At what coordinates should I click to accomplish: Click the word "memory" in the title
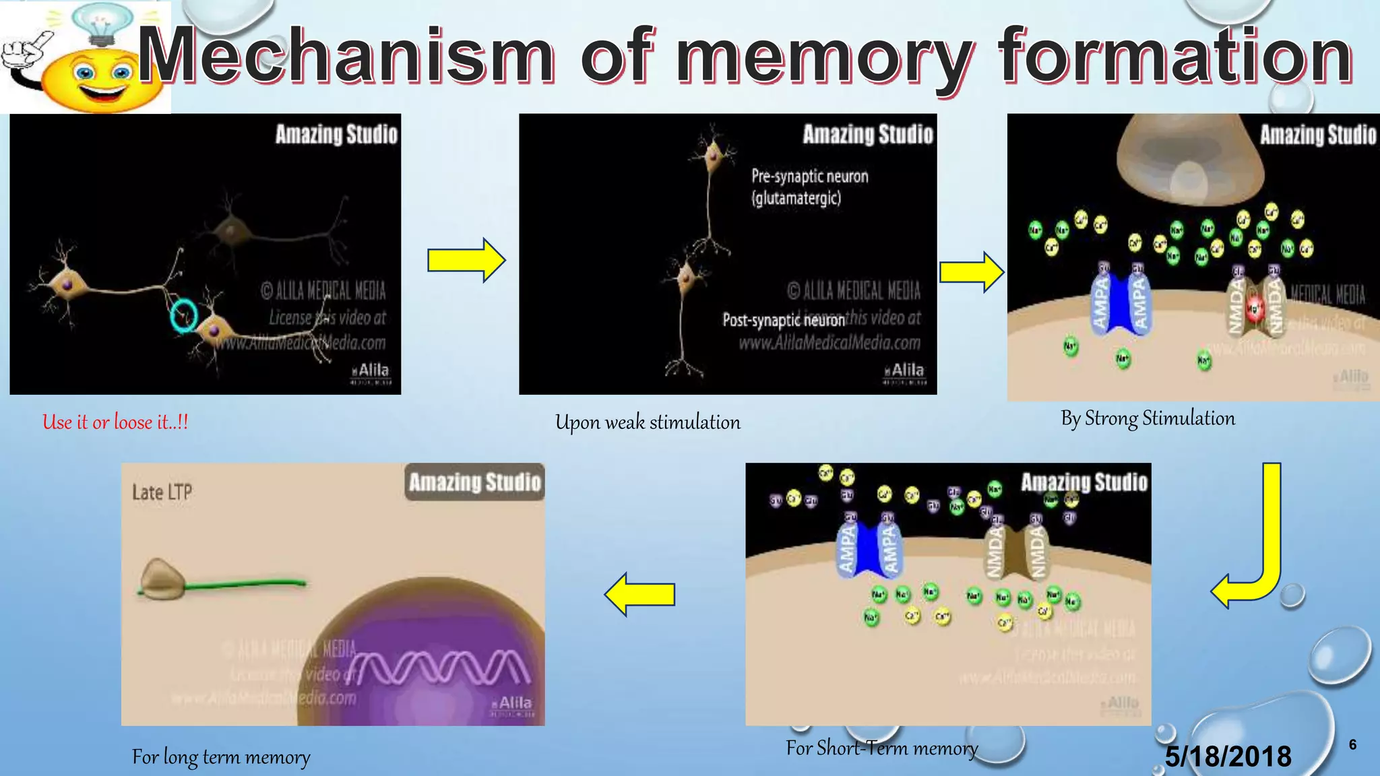[x=825, y=59]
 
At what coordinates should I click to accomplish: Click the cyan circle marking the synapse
[x=183, y=315]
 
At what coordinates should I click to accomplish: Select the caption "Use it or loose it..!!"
[x=115, y=422]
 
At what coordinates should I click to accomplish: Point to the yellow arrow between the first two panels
[x=466, y=260]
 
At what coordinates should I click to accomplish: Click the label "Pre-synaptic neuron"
[x=809, y=176]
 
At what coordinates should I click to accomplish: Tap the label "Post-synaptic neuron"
[x=784, y=319]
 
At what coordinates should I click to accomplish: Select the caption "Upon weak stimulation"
[x=648, y=422]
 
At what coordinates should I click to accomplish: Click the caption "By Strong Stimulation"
[x=1148, y=418]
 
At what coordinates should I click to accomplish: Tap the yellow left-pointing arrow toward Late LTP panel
[x=639, y=594]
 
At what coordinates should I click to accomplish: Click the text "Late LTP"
[x=162, y=492]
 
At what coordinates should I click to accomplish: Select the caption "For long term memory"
[x=221, y=757]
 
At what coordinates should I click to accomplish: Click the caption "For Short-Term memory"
[x=881, y=748]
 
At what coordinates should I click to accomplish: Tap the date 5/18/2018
[x=1228, y=756]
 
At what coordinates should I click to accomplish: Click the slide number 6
[x=1352, y=744]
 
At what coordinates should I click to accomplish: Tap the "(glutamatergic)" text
[x=796, y=198]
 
